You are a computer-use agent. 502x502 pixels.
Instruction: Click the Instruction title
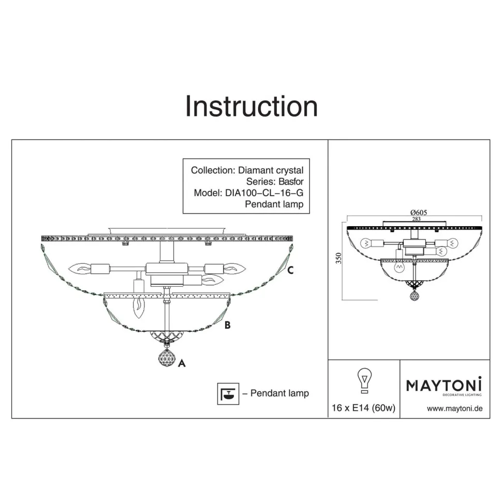coord(252,106)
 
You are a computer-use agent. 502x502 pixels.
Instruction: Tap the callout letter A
coord(182,363)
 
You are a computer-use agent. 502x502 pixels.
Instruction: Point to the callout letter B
coord(227,325)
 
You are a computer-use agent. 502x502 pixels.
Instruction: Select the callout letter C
coord(290,270)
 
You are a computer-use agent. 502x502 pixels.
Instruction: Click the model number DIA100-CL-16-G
coord(264,193)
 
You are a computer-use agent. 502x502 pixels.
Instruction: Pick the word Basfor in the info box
coord(291,182)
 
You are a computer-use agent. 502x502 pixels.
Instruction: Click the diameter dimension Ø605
coord(419,212)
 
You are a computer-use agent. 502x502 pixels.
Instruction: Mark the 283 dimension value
coord(416,219)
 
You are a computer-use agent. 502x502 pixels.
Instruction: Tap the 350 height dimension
coord(338,258)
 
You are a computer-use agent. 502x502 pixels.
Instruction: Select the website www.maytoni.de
coord(454,408)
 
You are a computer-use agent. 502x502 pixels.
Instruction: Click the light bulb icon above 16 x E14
coord(364,381)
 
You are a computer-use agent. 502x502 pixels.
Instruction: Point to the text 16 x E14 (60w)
coord(363,408)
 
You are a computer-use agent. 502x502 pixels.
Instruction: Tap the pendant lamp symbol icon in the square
coord(228,393)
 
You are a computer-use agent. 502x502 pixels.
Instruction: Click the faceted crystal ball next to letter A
coord(167,358)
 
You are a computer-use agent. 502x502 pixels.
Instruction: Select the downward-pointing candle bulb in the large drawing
coord(139,307)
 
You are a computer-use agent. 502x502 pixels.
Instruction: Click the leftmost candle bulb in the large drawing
coord(80,269)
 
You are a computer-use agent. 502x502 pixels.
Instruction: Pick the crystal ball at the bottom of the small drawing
coord(415,295)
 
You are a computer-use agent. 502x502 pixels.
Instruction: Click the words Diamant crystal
coord(271,170)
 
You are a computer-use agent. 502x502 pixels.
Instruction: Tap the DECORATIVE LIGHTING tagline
coord(462,395)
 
